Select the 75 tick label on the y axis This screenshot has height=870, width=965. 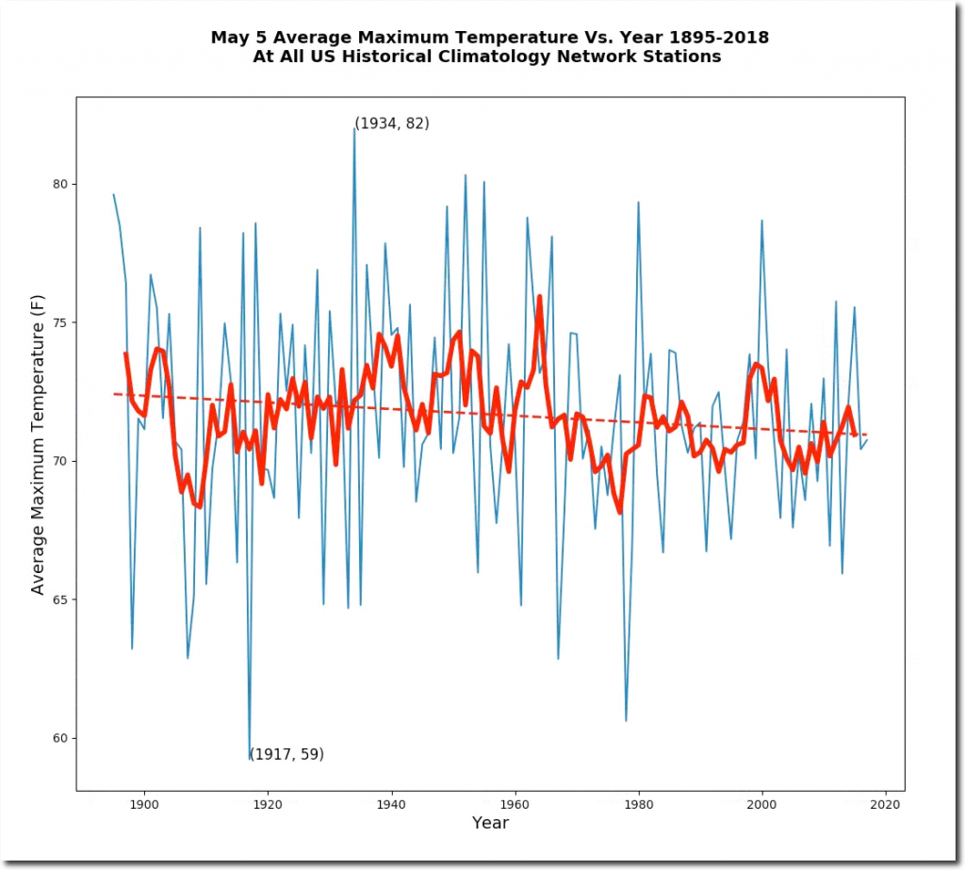click(61, 322)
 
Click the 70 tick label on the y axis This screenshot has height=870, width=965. click(61, 461)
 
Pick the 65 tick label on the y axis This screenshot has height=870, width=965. click(61, 599)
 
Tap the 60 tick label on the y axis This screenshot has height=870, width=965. click(61, 738)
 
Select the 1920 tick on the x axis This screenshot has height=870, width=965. click(268, 792)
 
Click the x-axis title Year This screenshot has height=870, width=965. click(490, 823)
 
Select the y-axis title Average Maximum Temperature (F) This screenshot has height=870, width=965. click(39, 444)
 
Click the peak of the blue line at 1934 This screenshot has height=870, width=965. click(354, 128)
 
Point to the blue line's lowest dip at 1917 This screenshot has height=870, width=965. click(250, 758)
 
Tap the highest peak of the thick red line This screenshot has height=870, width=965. click(540, 297)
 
